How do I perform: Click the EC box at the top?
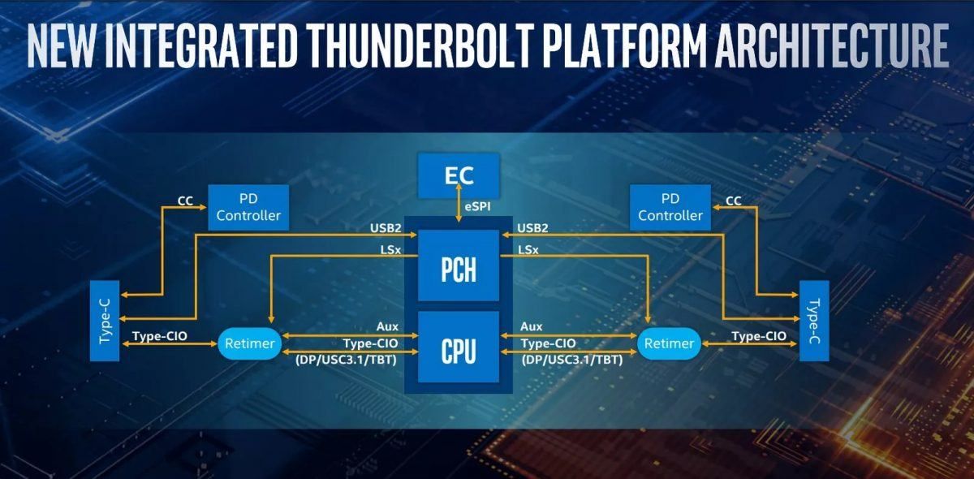[x=458, y=175]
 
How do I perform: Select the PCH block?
[x=458, y=269]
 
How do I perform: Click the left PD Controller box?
[x=248, y=207]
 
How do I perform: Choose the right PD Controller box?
[x=670, y=207]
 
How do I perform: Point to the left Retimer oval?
[x=248, y=343]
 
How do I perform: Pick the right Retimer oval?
[x=669, y=343]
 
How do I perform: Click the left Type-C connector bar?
[x=106, y=321]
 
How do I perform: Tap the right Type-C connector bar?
[x=813, y=321]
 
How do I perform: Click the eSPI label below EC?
[x=478, y=207]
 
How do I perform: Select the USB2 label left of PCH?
[x=386, y=228]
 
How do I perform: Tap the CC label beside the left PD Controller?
[x=185, y=201]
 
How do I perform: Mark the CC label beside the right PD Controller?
[x=733, y=201]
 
